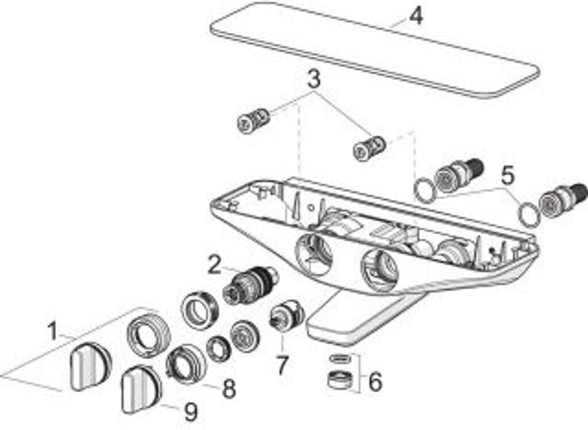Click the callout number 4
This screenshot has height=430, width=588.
coord(416,16)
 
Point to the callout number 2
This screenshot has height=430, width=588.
coord(214,265)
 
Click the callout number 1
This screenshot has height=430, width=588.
coord(52,331)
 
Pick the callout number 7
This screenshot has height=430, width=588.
coord(282,366)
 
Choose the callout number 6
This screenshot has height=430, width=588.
coord(374,381)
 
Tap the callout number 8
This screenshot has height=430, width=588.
coord(229,389)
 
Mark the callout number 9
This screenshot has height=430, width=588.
coord(191,411)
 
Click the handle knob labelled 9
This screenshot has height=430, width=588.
coord(140,389)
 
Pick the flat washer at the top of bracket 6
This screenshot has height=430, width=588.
coord(341,358)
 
